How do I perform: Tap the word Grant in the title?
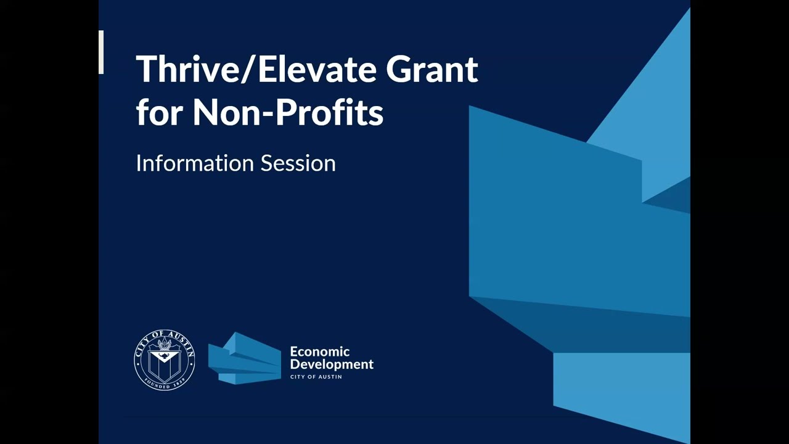point(432,69)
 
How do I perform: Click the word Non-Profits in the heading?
point(288,113)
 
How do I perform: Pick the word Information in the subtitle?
point(194,163)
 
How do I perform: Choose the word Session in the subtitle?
point(298,163)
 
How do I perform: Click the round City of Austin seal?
point(165,360)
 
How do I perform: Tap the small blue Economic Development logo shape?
point(245,359)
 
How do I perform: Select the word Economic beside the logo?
point(319,351)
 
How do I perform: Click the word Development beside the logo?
point(332,364)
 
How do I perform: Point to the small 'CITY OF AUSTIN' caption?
point(316,376)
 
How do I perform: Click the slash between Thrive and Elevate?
point(248,69)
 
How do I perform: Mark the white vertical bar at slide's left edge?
point(101,52)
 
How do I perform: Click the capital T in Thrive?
point(147,69)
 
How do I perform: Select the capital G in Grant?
point(399,69)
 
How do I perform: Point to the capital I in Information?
point(138,163)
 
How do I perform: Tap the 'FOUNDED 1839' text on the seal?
point(165,383)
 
